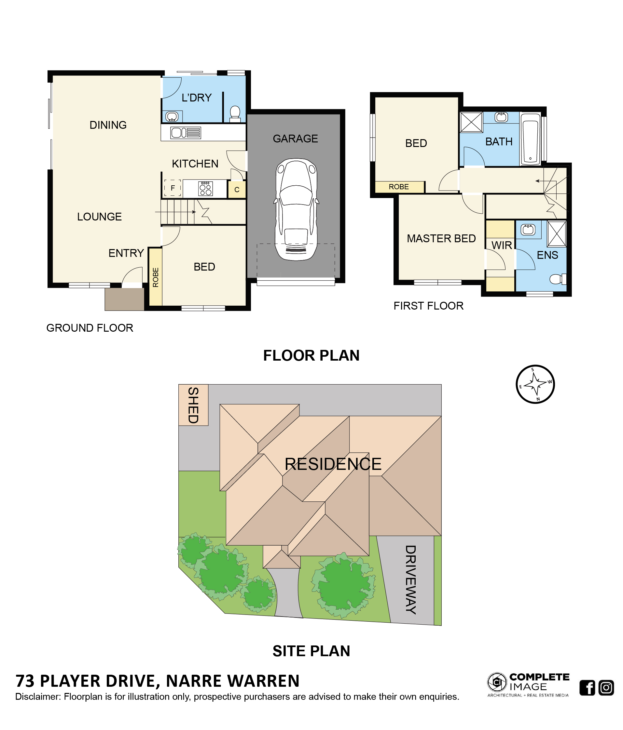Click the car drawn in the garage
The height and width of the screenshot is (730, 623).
click(296, 209)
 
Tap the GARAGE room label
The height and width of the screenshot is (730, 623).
click(295, 139)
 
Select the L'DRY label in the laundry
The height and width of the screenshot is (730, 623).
click(196, 98)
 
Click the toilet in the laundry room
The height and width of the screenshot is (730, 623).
click(235, 114)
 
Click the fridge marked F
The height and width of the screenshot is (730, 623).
click(173, 188)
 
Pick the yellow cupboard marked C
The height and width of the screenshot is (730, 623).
click(237, 190)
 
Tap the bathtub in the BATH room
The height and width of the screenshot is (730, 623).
click(530, 139)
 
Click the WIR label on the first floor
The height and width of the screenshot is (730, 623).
click(501, 245)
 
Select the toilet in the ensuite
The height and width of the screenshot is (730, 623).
click(558, 279)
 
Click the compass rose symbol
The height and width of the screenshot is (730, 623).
click(535, 384)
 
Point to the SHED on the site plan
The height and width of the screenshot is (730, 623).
click(193, 405)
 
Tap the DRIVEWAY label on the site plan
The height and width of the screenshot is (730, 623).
click(410, 580)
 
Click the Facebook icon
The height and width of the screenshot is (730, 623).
click(587, 688)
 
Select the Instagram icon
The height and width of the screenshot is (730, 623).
click(606, 688)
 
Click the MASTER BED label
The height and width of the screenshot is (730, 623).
click(441, 239)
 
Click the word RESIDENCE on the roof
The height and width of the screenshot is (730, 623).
click(333, 464)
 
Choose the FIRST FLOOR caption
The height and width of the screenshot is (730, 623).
click(428, 306)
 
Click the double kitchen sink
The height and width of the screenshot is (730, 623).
click(186, 133)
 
